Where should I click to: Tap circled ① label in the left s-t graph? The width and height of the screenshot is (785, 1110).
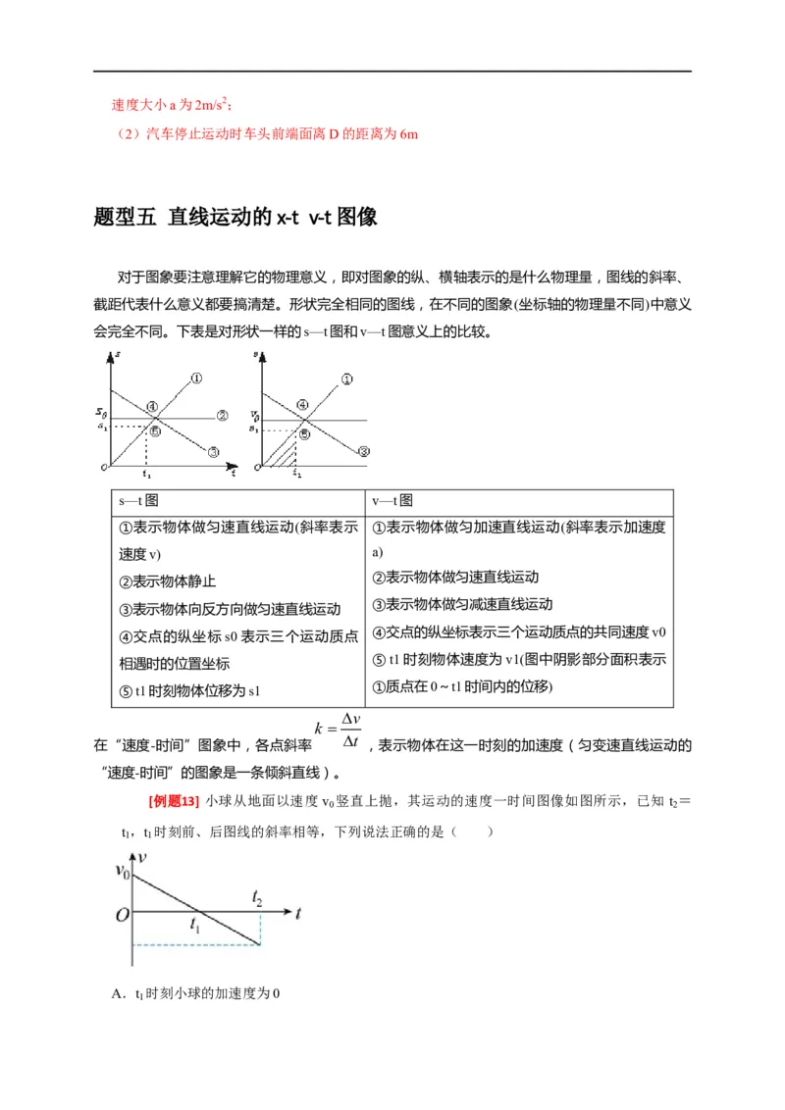[196, 377]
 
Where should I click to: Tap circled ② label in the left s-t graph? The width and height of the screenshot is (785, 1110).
[222, 416]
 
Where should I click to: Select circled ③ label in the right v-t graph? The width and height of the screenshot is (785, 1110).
[362, 451]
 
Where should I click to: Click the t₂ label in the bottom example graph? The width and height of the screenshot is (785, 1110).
[257, 897]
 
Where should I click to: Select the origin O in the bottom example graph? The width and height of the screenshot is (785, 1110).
[122, 915]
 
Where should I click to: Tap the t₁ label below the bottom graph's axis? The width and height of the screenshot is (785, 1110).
[195, 925]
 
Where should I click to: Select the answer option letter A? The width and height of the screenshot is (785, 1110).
[118, 992]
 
